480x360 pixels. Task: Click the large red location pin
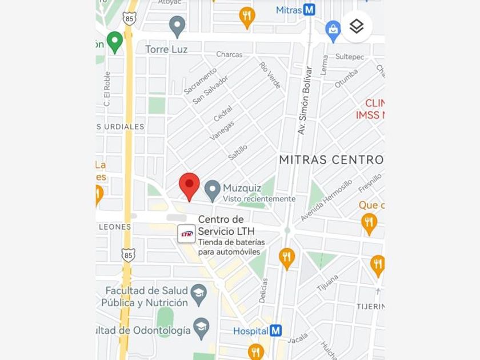point(189,185)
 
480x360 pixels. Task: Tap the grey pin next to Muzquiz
point(213,190)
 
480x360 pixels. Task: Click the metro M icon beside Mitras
point(309,10)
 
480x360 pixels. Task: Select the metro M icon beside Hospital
point(276,330)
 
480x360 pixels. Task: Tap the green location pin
point(115,41)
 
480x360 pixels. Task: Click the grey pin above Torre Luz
point(177,25)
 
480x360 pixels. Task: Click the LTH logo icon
point(186,234)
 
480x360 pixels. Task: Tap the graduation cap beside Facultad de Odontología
point(201,327)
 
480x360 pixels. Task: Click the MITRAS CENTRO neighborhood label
point(331,159)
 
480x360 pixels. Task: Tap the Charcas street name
point(229,55)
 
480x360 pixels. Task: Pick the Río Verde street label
point(270,75)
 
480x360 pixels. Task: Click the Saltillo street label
point(238,151)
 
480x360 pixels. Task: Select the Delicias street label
point(263,290)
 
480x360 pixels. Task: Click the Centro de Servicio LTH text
point(226,225)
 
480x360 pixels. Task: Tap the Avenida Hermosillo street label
point(326,201)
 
